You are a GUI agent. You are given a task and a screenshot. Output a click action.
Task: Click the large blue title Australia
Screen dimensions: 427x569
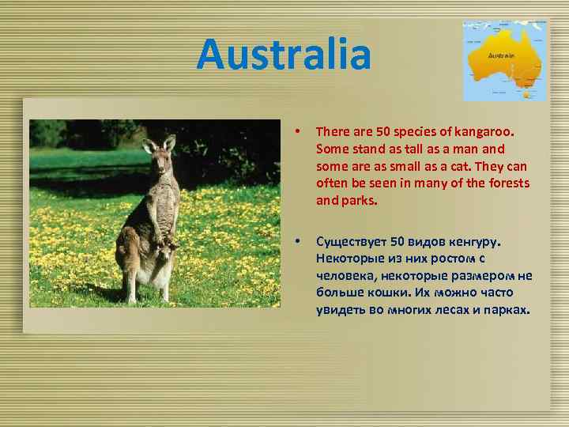click(284, 55)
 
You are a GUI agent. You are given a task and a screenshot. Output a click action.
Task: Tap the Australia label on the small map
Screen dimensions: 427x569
click(502, 56)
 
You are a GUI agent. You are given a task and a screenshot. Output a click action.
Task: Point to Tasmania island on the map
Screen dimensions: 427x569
click(526, 95)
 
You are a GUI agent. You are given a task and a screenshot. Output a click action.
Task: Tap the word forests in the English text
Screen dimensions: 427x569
click(509, 183)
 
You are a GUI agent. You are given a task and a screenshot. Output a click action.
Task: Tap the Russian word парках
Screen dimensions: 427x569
click(501, 310)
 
